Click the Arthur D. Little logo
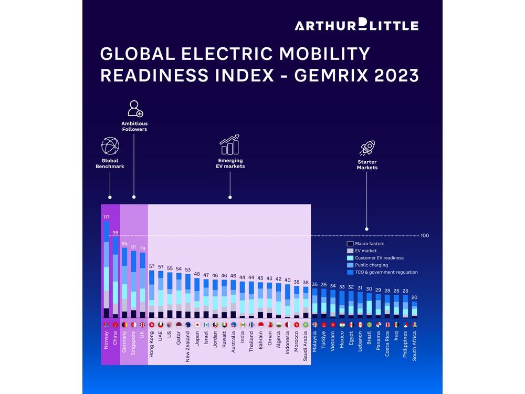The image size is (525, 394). tap(356, 25)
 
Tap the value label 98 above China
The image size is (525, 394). tap(115, 233)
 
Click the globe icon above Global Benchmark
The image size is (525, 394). tap(110, 146)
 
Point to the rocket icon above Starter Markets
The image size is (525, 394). tap(366, 148)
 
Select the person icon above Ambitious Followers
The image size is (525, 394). tap(135, 108)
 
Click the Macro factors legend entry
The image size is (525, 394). tap(369, 244)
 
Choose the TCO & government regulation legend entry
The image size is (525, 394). tap(386, 272)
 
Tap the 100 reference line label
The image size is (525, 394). tap(425, 235)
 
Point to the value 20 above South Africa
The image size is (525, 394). tap(415, 297)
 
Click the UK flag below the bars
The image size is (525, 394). tap(142, 325)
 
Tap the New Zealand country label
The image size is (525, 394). tap(188, 347)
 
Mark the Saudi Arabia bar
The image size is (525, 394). tap(306, 302)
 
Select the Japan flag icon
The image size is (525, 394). tap(197, 325)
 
